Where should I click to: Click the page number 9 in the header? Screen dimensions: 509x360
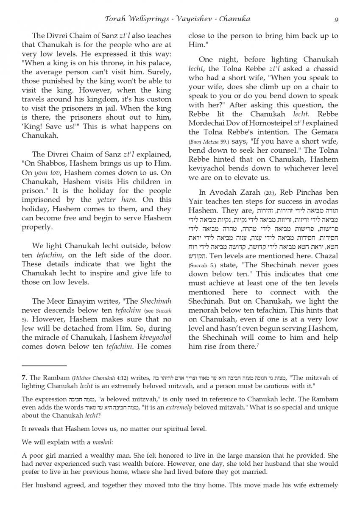336,19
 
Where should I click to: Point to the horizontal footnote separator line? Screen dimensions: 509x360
44,366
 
